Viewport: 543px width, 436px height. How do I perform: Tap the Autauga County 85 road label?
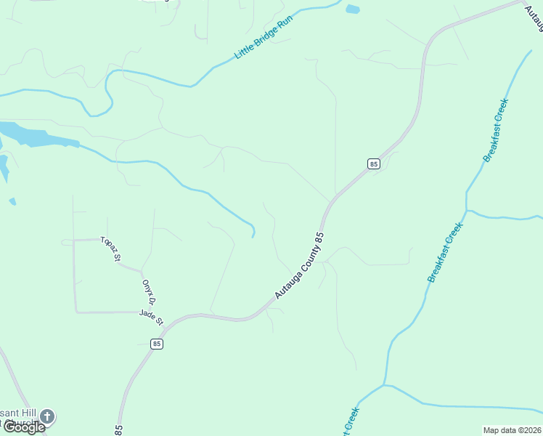tap(299, 266)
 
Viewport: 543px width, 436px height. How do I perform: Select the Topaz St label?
tap(110, 249)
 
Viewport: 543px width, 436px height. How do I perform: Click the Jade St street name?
tap(152, 318)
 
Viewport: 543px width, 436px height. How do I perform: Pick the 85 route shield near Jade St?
tap(157, 344)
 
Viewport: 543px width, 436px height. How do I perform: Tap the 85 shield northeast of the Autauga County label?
tap(373, 164)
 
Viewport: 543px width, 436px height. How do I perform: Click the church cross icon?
tap(47, 416)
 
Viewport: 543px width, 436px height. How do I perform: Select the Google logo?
tap(23, 427)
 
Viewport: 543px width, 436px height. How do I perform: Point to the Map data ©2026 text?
tap(512, 430)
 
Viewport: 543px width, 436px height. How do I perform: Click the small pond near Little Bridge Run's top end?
tap(353, 9)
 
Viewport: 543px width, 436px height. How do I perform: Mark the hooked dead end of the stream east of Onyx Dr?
tap(253, 234)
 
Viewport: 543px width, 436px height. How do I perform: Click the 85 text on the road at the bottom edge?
tap(118, 429)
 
